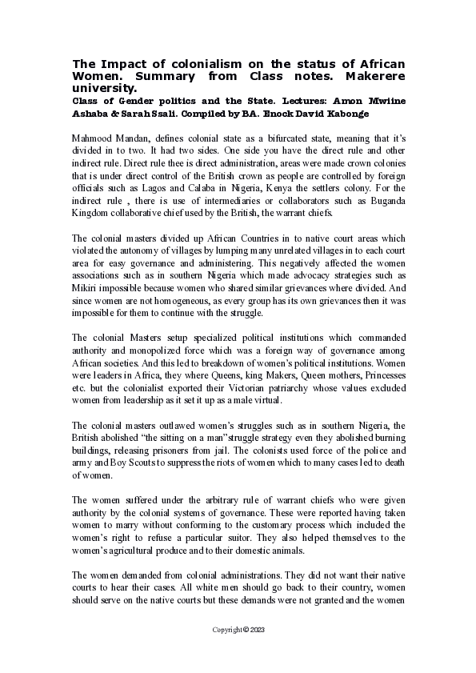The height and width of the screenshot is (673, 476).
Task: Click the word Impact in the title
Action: pyautogui.click(x=119, y=63)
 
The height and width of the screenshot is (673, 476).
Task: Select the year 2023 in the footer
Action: pyautogui.click(x=255, y=630)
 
